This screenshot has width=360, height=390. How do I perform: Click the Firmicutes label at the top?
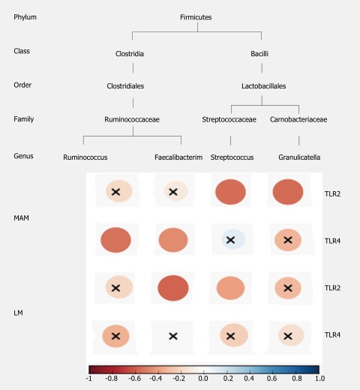196,17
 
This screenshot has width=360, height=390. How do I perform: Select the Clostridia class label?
130,54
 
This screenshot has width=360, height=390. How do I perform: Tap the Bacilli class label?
259,54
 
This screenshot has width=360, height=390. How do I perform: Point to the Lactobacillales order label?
264,86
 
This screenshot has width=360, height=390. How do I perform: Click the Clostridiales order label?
125,86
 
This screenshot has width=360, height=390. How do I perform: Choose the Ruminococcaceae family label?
132,119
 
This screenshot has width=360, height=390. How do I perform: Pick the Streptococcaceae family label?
229,119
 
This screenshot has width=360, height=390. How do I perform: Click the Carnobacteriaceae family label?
298,119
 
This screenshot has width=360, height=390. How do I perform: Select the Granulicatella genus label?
299,157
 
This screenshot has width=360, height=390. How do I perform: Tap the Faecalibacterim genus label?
178,157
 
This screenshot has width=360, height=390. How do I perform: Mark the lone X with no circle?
173,336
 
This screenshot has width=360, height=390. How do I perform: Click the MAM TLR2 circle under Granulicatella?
288,192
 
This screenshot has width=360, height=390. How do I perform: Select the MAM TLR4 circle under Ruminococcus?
115,240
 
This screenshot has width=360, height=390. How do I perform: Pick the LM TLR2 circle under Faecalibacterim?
173,288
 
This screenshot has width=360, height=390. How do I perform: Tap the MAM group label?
21,218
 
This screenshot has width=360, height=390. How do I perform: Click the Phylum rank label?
25,17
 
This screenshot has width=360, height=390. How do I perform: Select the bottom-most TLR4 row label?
332,335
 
